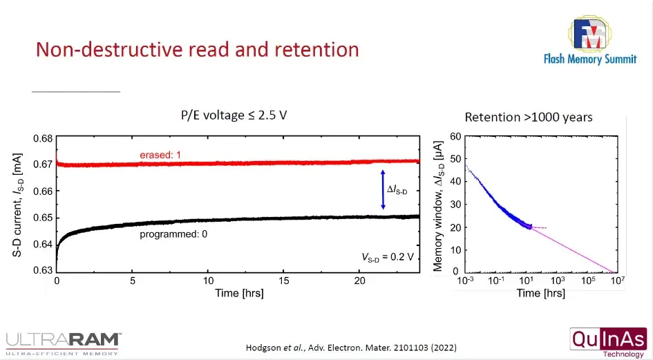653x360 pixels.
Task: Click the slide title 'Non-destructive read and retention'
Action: pos(197,50)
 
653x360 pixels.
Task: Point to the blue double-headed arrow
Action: pos(383,189)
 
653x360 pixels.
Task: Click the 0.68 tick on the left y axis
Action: pos(43,138)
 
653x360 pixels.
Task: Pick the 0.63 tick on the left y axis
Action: pos(43,270)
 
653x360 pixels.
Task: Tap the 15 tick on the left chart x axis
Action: pos(283,281)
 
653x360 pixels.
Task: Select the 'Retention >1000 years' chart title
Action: pos(528,117)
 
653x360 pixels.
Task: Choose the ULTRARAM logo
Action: pos(63,341)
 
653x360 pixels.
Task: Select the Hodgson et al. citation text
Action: pos(351,347)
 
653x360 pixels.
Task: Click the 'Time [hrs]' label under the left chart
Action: pos(238,293)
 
